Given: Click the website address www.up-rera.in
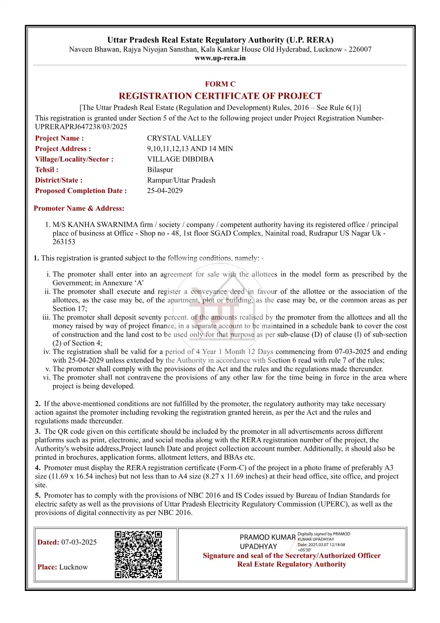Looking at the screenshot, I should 220,58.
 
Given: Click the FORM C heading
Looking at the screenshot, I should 220,84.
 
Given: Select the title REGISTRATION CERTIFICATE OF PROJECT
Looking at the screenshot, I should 220,96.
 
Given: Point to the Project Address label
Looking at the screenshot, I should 63,149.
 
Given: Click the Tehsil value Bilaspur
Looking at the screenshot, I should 160,170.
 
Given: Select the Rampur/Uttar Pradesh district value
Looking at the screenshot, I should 181,180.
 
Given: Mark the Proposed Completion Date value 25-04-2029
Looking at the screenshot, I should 165,191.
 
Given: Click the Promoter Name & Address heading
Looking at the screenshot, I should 79,208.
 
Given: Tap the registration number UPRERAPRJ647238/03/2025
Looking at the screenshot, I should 81,127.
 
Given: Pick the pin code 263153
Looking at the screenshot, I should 64,242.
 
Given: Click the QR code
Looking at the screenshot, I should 138,554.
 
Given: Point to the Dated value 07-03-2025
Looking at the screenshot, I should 79,542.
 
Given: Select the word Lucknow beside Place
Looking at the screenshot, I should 73,567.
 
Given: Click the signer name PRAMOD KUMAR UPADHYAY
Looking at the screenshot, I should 267,542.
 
